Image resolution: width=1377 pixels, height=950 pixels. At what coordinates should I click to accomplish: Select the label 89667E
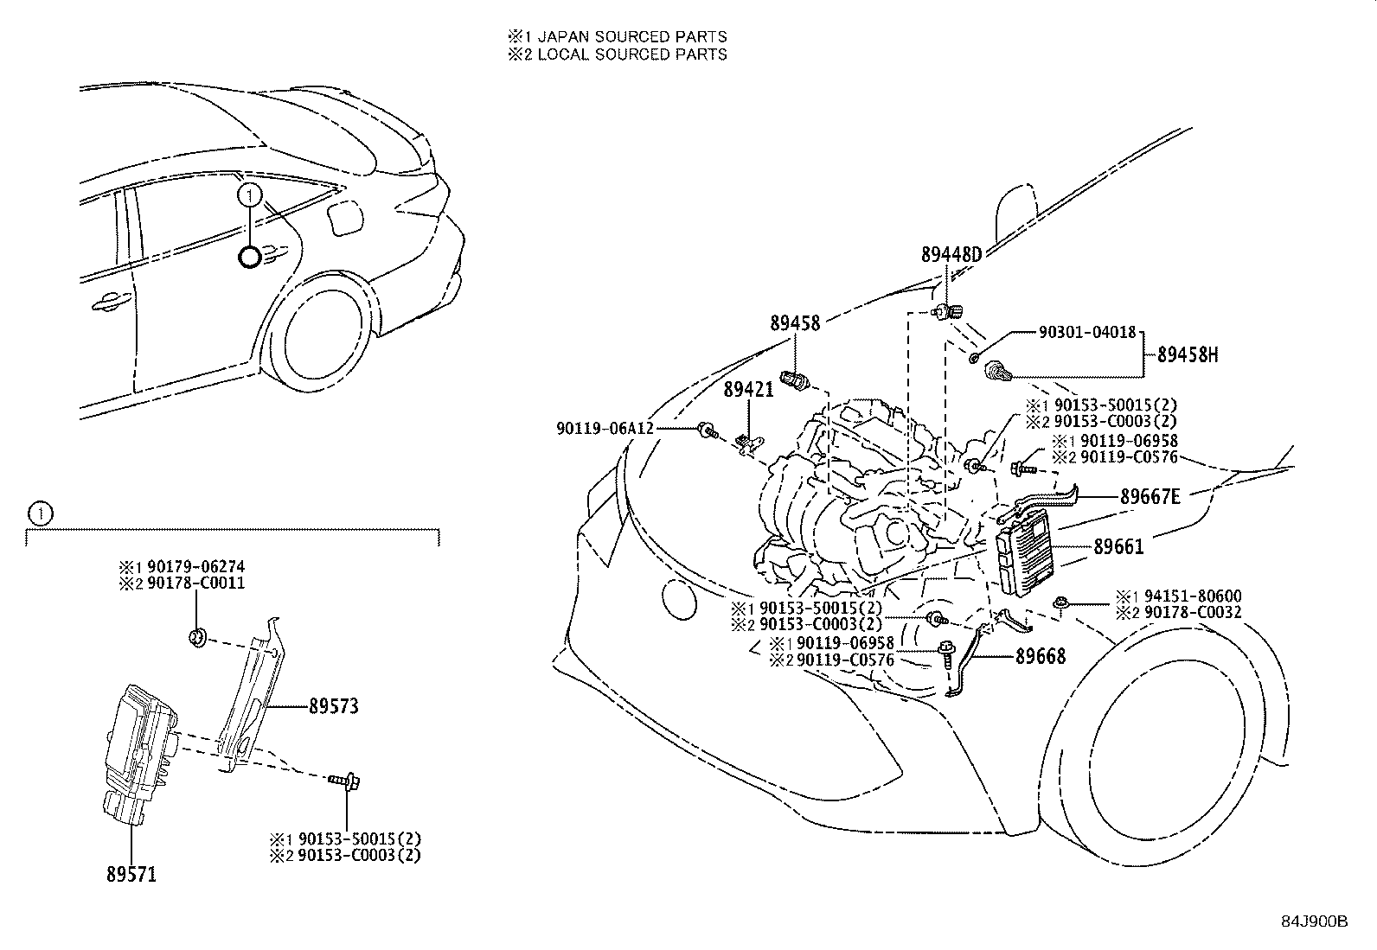point(1150,497)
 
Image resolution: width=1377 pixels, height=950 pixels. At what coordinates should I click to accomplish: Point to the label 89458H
point(1188,355)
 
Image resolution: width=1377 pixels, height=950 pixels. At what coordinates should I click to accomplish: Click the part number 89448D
point(951,255)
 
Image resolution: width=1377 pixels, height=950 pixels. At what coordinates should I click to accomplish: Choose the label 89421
point(748,392)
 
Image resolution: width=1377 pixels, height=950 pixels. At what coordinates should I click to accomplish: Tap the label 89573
point(333,706)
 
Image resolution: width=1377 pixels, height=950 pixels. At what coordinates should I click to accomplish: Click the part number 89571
point(131,875)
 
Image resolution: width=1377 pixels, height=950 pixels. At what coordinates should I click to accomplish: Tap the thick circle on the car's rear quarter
point(250,257)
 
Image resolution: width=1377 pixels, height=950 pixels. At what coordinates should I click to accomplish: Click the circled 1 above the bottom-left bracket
point(40,513)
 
